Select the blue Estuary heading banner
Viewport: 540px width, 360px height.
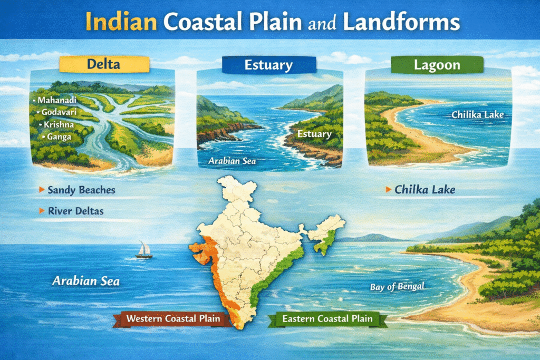pyautogui.click(x=269, y=66)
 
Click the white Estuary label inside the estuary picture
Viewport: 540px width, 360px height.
pyautogui.click(x=314, y=134)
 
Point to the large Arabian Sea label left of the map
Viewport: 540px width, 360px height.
pyautogui.click(x=85, y=281)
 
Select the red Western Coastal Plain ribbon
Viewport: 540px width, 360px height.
pyautogui.click(x=173, y=318)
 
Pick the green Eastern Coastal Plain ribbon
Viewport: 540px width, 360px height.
pyautogui.click(x=327, y=318)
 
